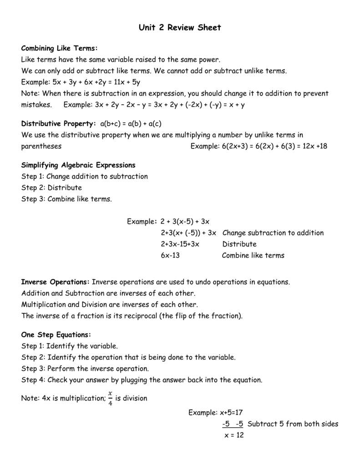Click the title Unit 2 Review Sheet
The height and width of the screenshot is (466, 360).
pos(180,28)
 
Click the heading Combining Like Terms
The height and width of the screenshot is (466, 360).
pos(60,48)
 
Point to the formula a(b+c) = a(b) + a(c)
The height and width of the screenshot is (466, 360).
pos(131,124)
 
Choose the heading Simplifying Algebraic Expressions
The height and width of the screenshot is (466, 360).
pos(78,165)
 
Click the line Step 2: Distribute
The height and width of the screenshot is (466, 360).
pos(51,187)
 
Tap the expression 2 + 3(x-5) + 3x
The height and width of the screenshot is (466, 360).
pos(185,222)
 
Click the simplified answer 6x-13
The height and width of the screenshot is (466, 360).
pos(171,255)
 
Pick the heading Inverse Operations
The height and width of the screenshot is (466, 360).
pos(56,282)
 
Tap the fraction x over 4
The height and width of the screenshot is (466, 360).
pos(109,398)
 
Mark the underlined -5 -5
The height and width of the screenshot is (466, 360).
pos(233,424)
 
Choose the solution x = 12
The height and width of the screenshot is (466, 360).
pos(234,436)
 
